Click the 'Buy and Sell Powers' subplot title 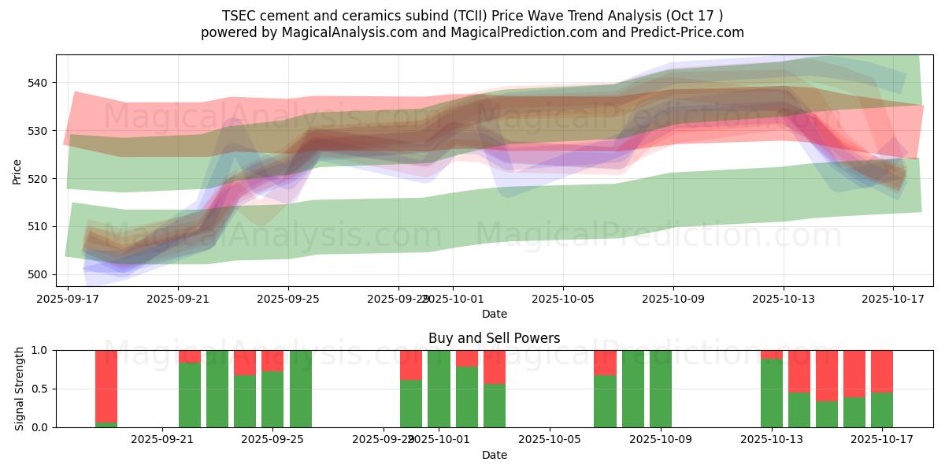(494, 338)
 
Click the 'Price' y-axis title (17, 170)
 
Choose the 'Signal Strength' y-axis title (20, 389)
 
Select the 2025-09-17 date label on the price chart (68, 300)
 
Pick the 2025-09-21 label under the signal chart (162, 440)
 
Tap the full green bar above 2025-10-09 (661, 389)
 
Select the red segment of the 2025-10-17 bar (882, 371)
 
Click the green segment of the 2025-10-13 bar (772, 393)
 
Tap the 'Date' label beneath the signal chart (494, 455)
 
